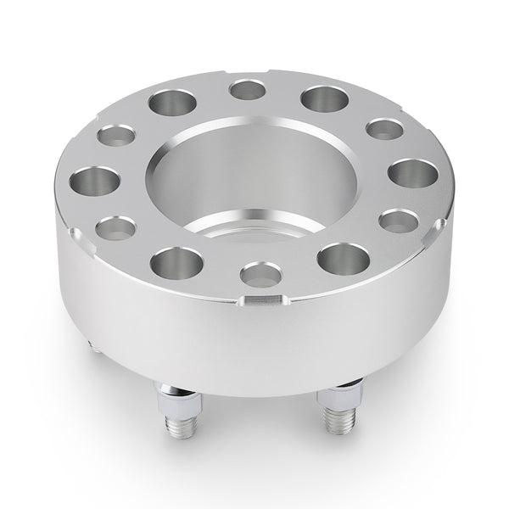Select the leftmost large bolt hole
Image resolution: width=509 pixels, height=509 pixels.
click(x=95, y=181)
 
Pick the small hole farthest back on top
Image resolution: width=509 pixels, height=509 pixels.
click(x=248, y=88)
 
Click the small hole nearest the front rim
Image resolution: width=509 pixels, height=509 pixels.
click(x=260, y=273)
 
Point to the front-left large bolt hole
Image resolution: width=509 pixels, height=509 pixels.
click(x=177, y=262)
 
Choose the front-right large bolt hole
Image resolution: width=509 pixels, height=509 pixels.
click(x=344, y=258)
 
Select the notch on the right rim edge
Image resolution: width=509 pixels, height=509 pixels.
click(x=439, y=226)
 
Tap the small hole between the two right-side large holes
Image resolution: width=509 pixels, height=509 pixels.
click(x=398, y=221)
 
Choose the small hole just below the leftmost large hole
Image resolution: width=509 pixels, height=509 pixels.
click(x=116, y=227)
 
